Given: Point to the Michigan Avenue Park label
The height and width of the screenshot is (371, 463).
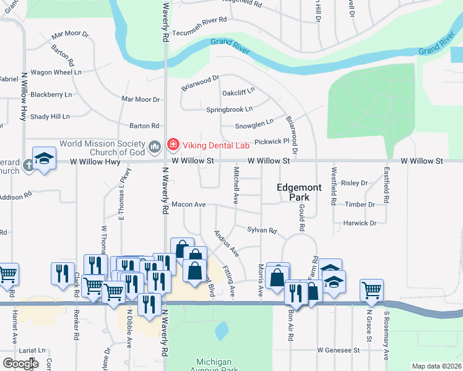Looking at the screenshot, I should pyautogui.click(x=213, y=365).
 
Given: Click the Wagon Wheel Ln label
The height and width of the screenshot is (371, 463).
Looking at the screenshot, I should pyautogui.click(x=56, y=72).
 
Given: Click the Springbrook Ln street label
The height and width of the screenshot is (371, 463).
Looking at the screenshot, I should pyautogui.click(x=229, y=109).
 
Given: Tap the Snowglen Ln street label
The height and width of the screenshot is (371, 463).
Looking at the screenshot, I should pyautogui.click(x=254, y=126).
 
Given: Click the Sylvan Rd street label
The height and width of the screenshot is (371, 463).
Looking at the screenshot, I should pyautogui.click(x=261, y=230).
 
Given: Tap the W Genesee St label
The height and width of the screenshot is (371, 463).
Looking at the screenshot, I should pyautogui.click(x=339, y=350).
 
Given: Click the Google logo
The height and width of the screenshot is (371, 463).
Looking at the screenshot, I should pyautogui.click(x=20, y=364).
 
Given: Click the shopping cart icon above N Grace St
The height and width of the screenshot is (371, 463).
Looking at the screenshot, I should pyautogui.click(x=371, y=289).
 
